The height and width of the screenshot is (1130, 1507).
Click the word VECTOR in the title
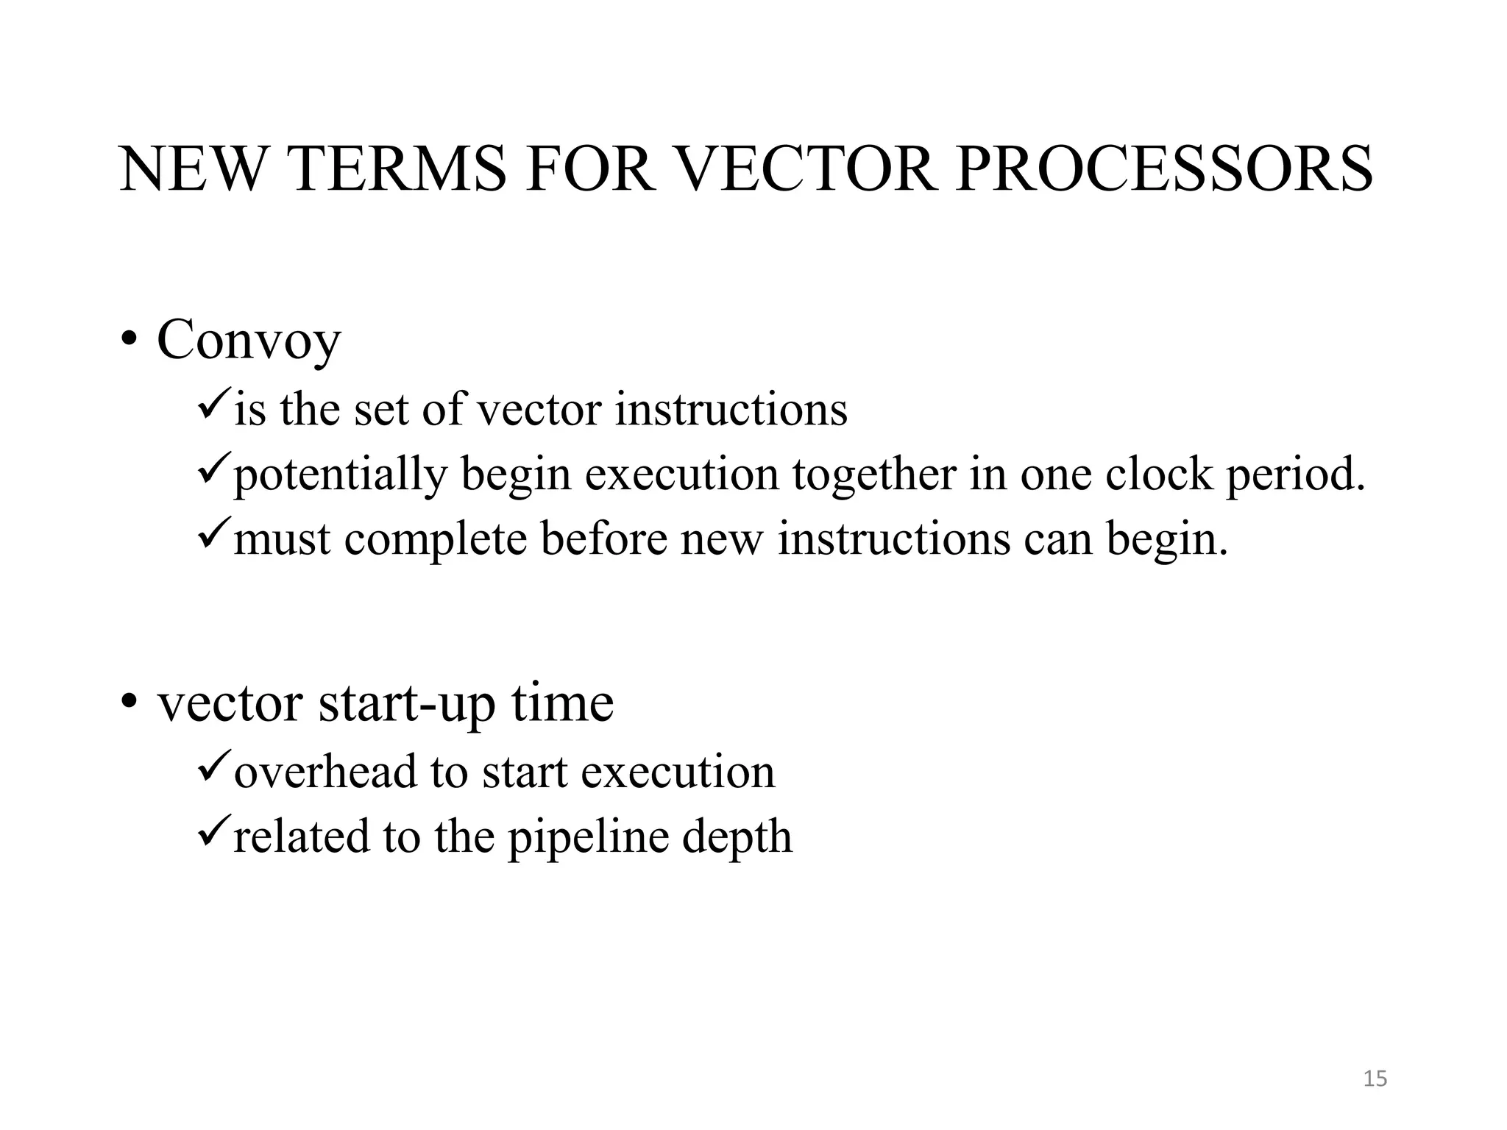(804, 169)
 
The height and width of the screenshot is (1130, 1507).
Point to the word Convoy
(249, 341)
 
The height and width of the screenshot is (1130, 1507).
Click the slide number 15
(1375, 1079)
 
